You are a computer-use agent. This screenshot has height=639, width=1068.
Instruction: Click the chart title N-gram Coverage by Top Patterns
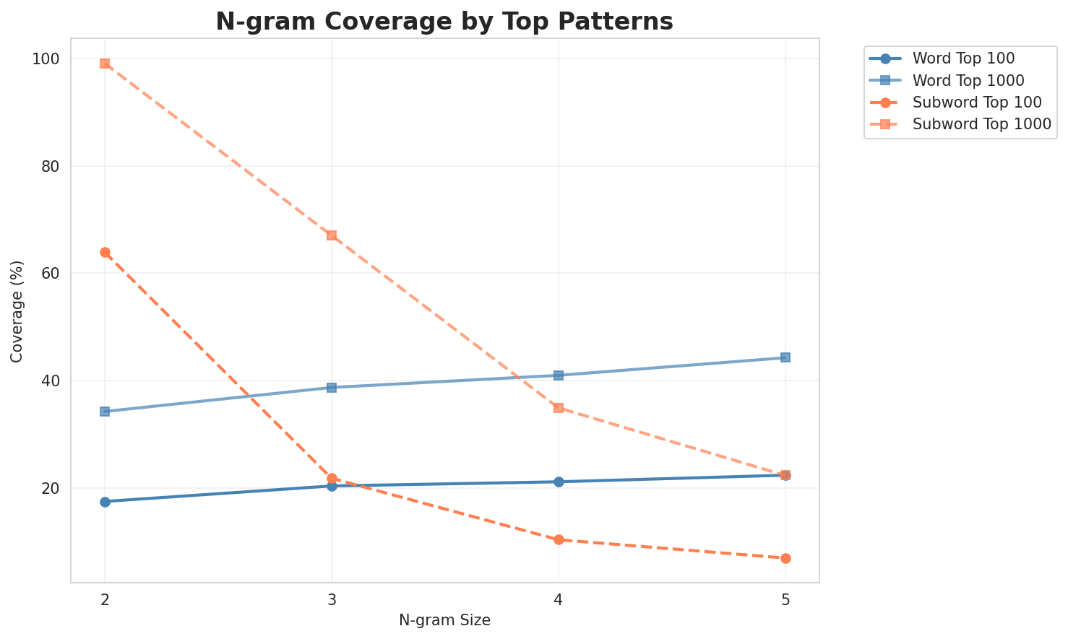[x=444, y=22]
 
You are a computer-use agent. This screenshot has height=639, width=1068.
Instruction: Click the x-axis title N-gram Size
[x=444, y=620]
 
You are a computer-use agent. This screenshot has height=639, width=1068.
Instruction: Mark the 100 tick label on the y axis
[x=48, y=59]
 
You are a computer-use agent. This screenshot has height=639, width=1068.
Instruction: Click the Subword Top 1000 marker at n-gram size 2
[x=105, y=64]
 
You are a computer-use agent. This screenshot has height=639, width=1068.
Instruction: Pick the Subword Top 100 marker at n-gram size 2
[x=105, y=253]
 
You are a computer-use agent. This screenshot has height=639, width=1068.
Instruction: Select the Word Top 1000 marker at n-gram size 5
[x=785, y=357]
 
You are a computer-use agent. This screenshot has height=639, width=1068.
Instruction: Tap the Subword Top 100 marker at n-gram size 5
[x=785, y=558]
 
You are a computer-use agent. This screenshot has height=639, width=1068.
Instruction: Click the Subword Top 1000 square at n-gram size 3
[x=332, y=235]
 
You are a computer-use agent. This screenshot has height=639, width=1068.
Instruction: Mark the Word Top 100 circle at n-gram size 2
[x=105, y=502]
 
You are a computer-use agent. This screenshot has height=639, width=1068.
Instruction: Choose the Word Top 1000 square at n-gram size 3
[x=332, y=388]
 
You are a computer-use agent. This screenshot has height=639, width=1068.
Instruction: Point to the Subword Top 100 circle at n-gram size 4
[x=559, y=539]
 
